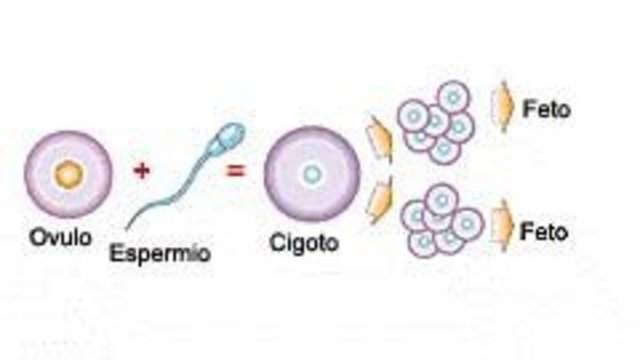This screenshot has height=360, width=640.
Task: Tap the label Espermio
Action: pyautogui.click(x=161, y=254)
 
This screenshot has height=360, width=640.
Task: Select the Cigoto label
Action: pyautogui.click(x=305, y=242)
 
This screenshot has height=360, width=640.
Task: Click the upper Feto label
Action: pyautogui.click(x=547, y=109)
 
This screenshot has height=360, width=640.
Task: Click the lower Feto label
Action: pyautogui.click(x=545, y=232)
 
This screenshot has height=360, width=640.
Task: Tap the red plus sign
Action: pyautogui.click(x=142, y=170)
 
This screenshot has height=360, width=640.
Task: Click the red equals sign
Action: pyautogui.click(x=236, y=170)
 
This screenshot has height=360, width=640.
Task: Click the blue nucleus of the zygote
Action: pyautogui.click(x=312, y=174)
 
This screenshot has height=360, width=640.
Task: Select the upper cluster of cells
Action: pyautogui.click(x=435, y=121)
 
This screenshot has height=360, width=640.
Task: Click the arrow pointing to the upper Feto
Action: pyautogui.click(x=501, y=107)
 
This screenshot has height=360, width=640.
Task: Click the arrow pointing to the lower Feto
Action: pyautogui.click(x=504, y=228)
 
